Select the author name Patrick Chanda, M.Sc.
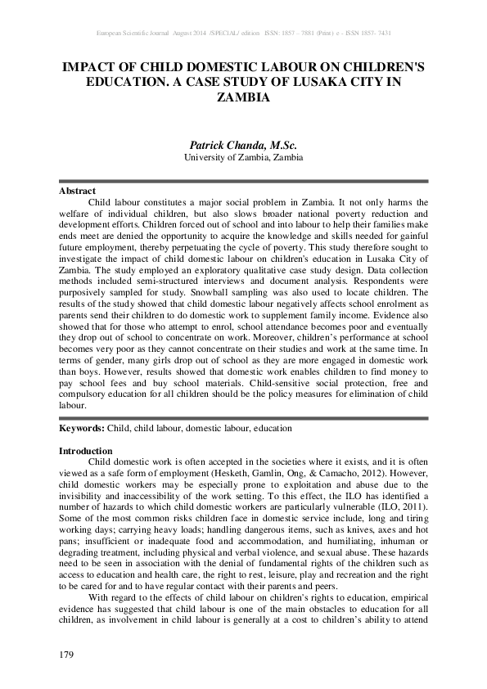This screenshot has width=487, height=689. click(x=243, y=146)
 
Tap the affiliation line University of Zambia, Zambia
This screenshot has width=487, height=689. click(x=243, y=157)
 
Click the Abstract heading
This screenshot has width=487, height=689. click(x=78, y=191)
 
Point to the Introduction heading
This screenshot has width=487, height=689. click(x=86, y=451)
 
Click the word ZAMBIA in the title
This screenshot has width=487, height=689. click(x=243, y=97)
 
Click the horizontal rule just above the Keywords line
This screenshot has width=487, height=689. click(x=243, y=418)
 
